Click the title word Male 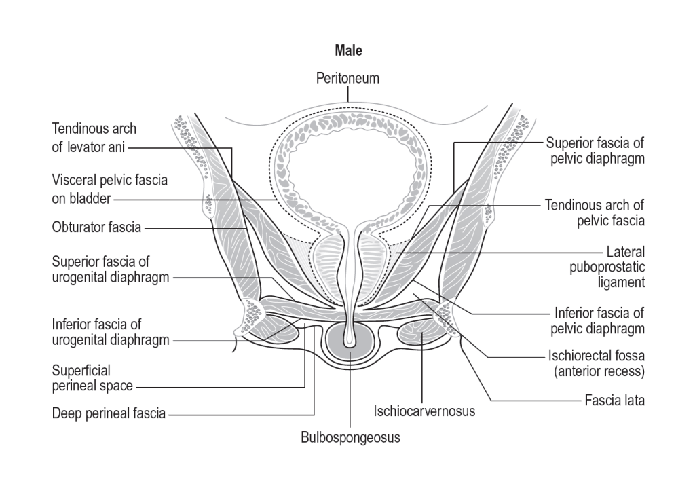348,51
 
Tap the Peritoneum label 347,79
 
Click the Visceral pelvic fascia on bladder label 110,189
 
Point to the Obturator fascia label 97,227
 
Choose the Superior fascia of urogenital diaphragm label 110,270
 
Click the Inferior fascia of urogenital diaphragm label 110,332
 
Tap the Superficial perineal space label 92,379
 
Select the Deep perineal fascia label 109,412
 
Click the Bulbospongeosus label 350,437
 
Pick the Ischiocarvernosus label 424,411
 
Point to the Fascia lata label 614,401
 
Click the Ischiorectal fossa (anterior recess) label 596,363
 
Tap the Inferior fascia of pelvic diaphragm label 599,321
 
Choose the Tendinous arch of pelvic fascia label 595,212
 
